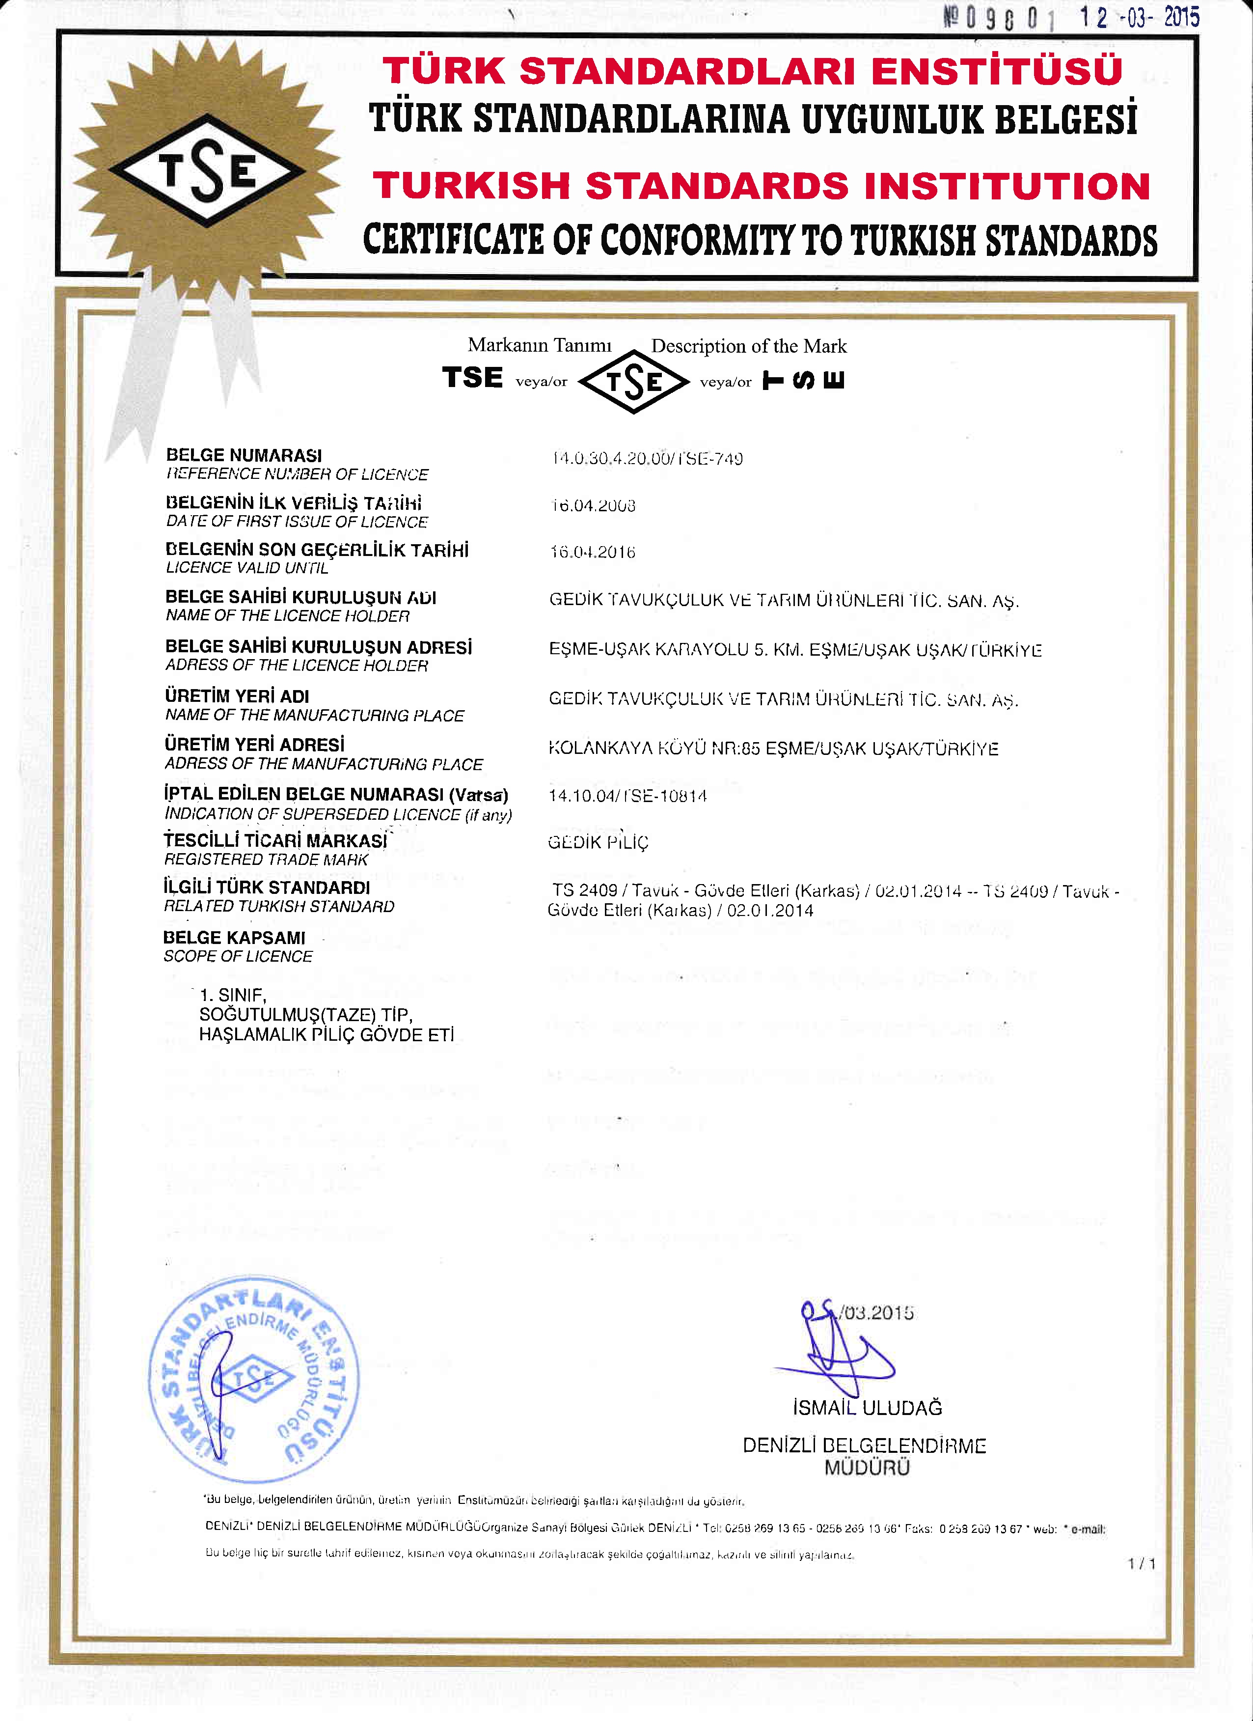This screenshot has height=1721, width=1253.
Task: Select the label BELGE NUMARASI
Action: tap(244, 455)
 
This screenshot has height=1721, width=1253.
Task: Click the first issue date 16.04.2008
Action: tap(592, 506)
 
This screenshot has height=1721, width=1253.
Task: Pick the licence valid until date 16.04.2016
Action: tap(592, 553)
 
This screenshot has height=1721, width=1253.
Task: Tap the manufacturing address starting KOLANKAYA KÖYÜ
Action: tap(773, 749)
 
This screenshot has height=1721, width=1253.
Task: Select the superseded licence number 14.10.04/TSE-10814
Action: tap(627, 796)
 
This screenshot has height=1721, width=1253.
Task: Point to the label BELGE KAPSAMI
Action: tap(234, 938)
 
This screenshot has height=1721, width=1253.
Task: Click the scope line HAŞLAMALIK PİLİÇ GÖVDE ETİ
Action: tap(326, 1035)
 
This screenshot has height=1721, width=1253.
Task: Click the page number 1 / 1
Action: tap(1142, 1564)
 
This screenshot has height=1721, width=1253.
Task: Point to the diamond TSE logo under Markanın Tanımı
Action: tap(633, 382)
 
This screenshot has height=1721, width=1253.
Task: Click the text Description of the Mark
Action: tap(749, 346)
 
